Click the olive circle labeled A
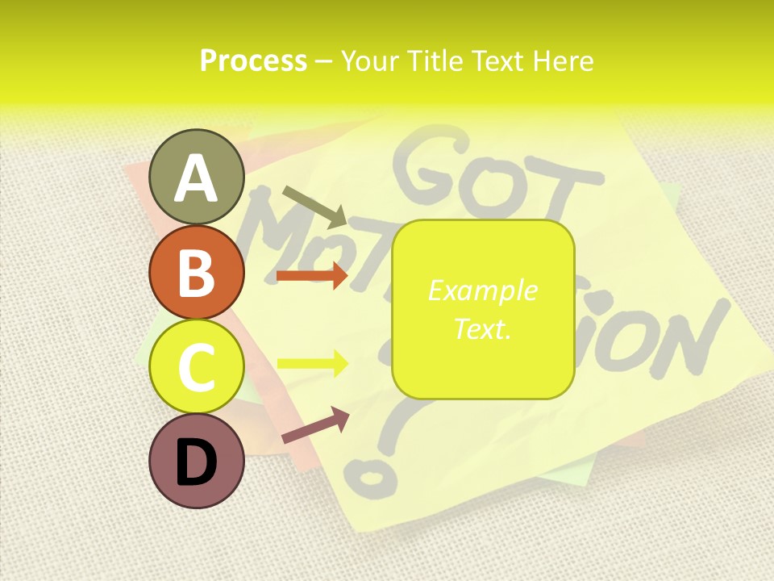click(196, 177)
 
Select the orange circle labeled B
click(196, 272)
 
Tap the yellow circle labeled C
click(196, 366)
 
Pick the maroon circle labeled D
click(196, 461)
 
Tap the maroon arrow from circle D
click(315, 425)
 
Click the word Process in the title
click(253, 61)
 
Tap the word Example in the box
click(483, 290)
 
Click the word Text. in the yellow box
click(483, 328)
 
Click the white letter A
click(196, 178)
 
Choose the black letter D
click(196, 462)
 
